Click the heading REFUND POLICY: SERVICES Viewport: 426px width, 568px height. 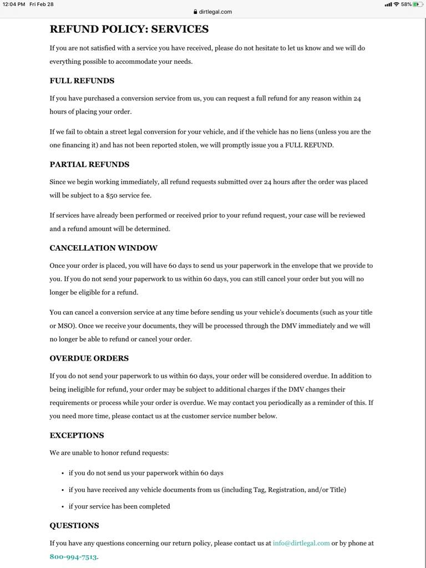129,29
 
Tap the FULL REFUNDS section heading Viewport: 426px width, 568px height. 82,81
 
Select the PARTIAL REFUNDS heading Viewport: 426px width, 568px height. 89,165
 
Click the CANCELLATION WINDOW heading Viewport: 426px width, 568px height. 103,248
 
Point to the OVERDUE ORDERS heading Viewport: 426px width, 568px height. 89,359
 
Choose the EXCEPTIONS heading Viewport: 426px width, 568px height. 77,436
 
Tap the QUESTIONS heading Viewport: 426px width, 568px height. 74,526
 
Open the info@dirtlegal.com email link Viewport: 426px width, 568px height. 301,544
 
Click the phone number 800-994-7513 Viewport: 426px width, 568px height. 73,557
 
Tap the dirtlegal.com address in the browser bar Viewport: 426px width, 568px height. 215,12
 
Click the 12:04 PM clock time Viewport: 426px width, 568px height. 14,4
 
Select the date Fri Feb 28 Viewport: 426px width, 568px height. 42,4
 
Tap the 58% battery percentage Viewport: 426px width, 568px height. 406,4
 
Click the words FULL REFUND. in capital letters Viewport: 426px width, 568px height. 310,145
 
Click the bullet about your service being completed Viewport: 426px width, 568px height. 119,506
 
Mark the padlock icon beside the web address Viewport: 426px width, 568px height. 195,12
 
